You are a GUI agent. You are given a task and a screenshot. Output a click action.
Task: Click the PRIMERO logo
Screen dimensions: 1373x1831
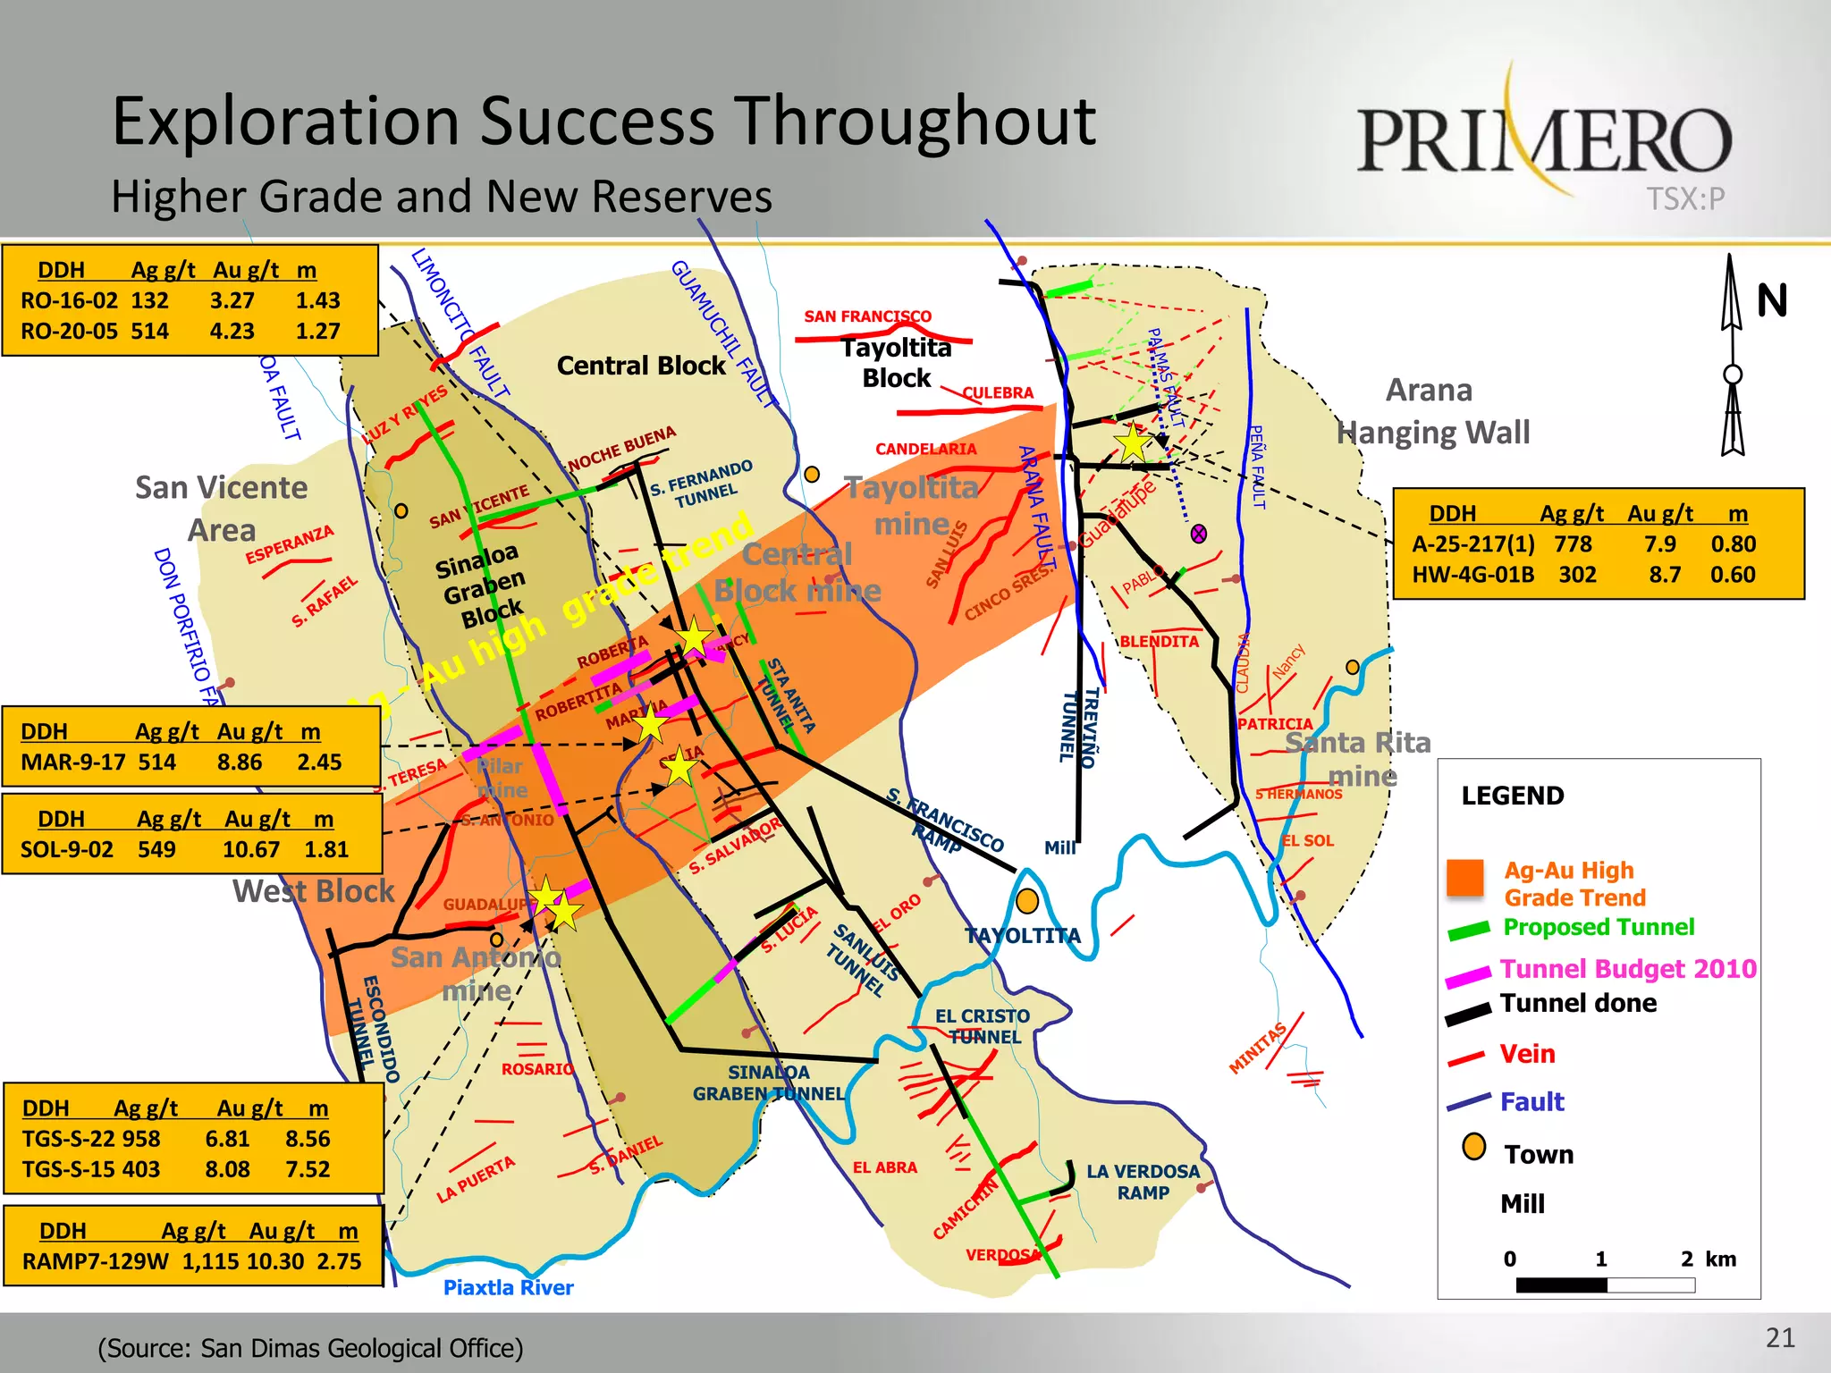click(1544, 139)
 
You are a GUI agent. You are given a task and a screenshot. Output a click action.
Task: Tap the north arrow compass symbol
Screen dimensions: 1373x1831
click(1733, 358)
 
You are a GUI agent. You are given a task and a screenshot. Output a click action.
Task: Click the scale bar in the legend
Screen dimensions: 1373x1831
click(1605, 1285)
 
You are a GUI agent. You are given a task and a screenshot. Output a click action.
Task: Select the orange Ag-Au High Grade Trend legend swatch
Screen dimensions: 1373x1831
click(1465, 878)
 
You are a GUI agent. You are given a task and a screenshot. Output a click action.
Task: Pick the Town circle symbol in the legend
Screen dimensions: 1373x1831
click(1473, 1147)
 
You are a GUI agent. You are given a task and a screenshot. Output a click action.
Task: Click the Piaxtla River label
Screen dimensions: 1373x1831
click(508, 1287)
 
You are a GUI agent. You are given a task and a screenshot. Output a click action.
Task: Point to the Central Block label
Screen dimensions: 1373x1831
click(641, 366)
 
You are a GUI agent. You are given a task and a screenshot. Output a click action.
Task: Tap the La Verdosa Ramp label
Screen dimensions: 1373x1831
click(1143, 1182)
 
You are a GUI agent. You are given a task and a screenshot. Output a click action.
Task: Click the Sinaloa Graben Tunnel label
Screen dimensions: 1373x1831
click(769, 1082)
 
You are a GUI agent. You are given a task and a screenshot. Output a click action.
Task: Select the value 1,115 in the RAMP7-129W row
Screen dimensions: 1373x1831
click(211, 1261)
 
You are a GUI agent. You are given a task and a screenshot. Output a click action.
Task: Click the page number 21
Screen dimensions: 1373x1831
click(1780, 1338)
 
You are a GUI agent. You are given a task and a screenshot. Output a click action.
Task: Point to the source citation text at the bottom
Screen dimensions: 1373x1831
click(310, 1348)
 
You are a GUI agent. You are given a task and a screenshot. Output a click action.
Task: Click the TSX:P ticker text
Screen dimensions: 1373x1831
click(1685, 198)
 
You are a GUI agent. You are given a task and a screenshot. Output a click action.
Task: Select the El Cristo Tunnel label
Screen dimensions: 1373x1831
click(983, 1026)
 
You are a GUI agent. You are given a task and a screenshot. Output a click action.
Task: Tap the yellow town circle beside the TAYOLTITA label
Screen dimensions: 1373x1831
click(1027, 901)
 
